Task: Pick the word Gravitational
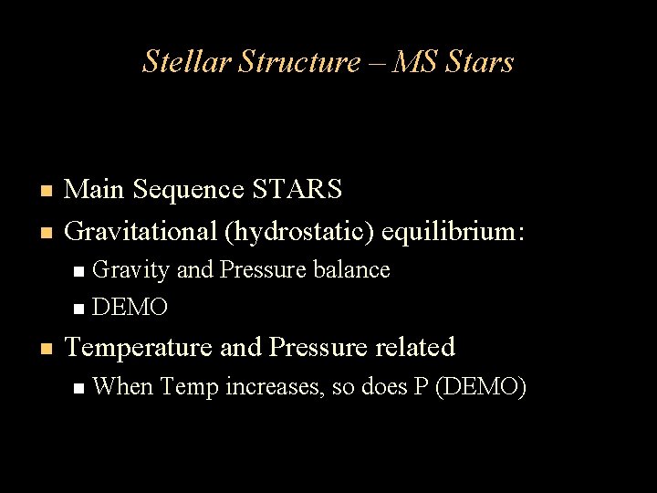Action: [141, 231]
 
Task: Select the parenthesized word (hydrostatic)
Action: [300, 231]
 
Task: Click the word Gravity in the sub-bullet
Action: [131, 270]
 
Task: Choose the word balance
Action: [352, 270]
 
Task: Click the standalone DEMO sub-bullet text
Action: [130, 308]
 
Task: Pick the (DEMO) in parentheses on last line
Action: [481, 387]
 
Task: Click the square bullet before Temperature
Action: [44, 349]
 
